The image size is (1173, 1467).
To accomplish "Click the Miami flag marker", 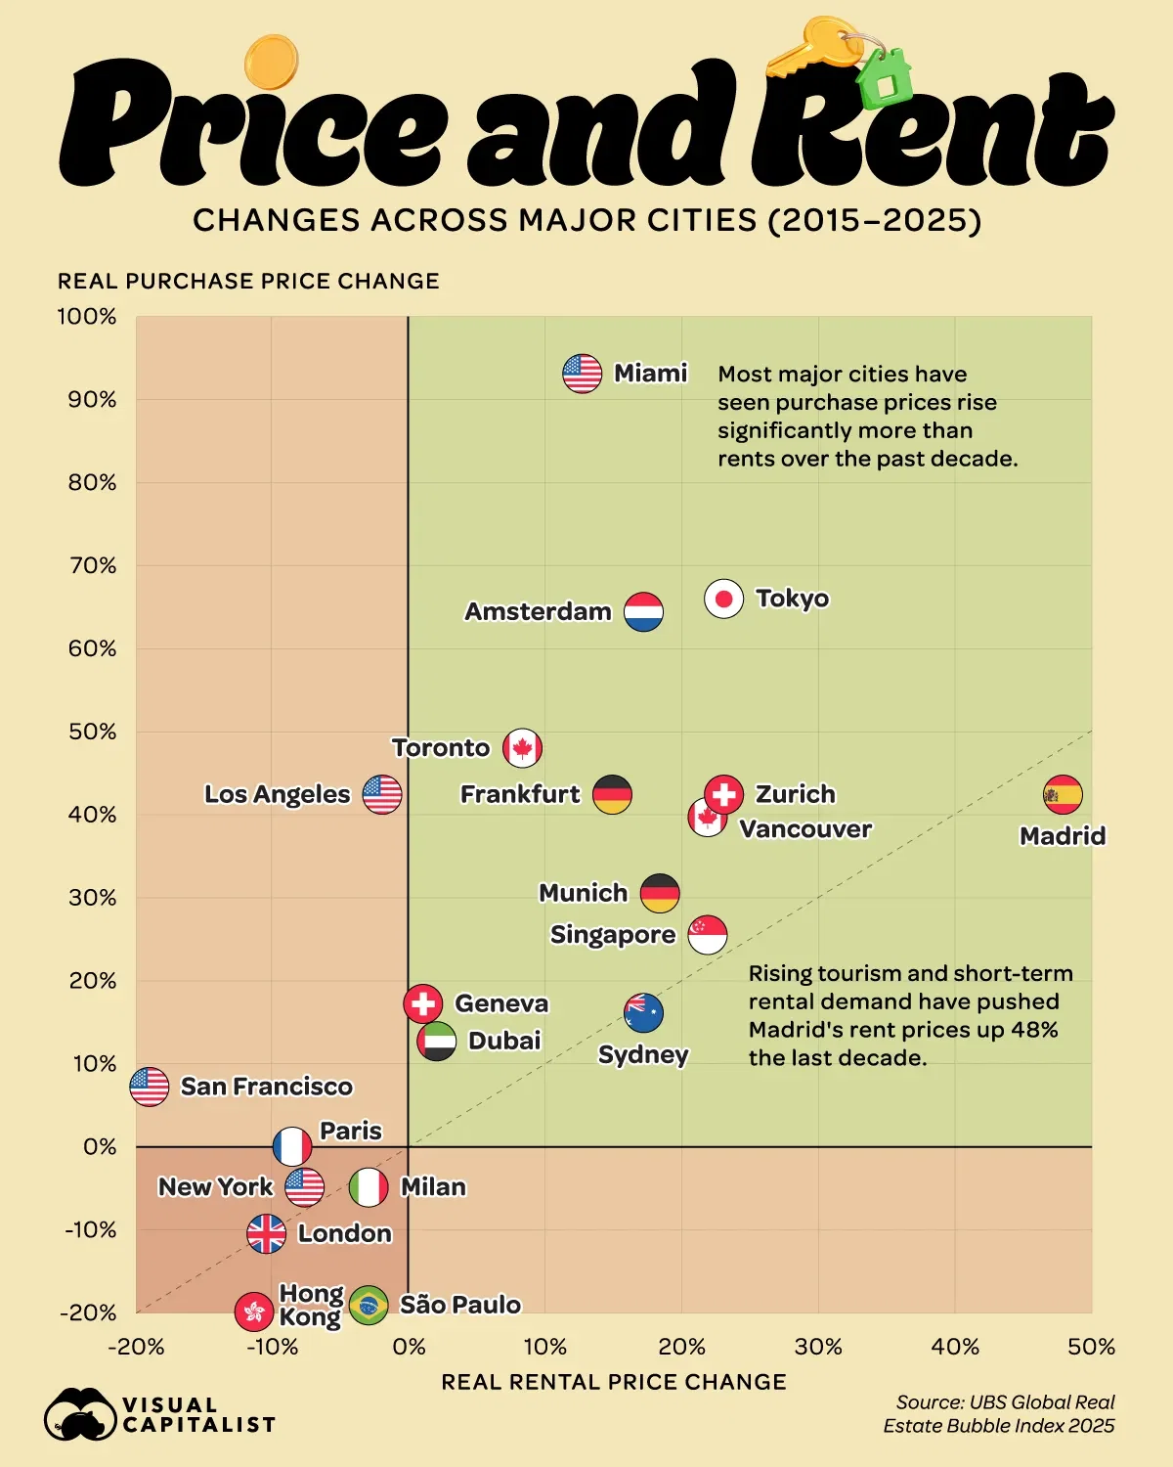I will pos(582,374).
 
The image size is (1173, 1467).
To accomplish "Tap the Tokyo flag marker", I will pos(723,599).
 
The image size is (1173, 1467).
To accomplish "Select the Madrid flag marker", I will pos(1063,795).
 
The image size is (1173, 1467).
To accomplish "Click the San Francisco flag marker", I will pos(149,1087).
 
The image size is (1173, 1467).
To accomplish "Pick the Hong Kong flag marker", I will pos(254,1311).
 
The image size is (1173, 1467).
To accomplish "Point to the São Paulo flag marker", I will pos(369,1305).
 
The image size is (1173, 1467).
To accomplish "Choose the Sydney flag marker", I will pos(643,1013).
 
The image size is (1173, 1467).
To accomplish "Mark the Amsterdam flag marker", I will pos(643,612).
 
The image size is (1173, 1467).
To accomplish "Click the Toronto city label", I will pos(441,748).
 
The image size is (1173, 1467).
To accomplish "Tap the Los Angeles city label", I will pos(277,794).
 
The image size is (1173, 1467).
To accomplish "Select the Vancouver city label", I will pos(805,829).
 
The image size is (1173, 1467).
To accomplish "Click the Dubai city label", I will pos(504,1041).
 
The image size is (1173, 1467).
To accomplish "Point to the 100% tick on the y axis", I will pos(87,317).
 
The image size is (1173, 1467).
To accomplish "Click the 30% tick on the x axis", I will pos(818,1347).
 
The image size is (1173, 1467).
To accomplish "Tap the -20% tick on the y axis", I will pos(88,1312).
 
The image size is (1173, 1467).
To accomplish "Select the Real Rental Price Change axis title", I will pos(614,1382).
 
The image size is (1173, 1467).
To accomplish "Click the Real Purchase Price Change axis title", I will pos(248,282).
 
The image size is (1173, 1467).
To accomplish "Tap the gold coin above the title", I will pos(271,62).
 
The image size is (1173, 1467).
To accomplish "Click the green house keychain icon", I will pos(886,78).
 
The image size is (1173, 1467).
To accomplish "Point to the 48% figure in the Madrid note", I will pos(1036,1030).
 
